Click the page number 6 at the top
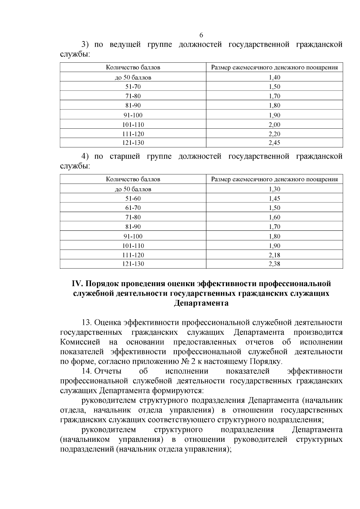(x=201, y=35)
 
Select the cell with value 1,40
(x=274, y=77)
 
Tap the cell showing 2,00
(x=274, y=124)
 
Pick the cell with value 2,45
(x=274, y=143)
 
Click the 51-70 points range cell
(x=133, y=87)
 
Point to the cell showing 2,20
(x=274, y=134)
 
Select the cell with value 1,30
(x=274, y=189)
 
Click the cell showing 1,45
(x=274, y=199)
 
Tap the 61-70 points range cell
(x=133, y=208)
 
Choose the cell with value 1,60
(x=274, y=217)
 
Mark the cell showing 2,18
(x=274, y=255)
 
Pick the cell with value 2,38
(x=274, y=264)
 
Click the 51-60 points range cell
(x=133, y=199)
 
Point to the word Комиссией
(x=80, y=342)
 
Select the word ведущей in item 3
(x=125, y=45)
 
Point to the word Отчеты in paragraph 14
(x=108, y=371)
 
